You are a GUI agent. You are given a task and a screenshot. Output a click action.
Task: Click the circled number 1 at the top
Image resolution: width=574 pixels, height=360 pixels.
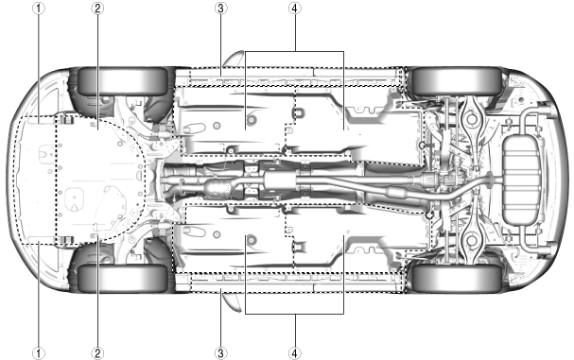click(x=39, y=9)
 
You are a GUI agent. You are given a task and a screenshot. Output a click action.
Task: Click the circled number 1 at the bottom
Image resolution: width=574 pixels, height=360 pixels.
click(x=39, y=353)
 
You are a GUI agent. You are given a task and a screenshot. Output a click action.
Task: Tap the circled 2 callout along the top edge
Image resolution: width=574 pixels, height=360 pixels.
click(x=97, y=9)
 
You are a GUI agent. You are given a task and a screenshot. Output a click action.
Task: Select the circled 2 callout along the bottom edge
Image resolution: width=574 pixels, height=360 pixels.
click(x=97, y=353)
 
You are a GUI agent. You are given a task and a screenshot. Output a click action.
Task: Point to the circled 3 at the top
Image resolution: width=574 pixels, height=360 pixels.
click(x=220, y=9)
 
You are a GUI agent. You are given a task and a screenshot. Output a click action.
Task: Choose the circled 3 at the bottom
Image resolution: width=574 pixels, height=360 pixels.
click(x=220, y=353)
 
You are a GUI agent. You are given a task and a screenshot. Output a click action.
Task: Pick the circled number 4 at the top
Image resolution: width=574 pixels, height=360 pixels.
click(x=295, y=9)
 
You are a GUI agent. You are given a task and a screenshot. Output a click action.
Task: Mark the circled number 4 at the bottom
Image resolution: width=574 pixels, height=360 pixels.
click(x=295, y=353)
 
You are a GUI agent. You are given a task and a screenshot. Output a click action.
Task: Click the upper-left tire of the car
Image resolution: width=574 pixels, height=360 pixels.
click(x=123, y=81)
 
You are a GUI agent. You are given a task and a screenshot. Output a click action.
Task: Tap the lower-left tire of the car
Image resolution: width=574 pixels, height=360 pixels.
click(x=123, y=278)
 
